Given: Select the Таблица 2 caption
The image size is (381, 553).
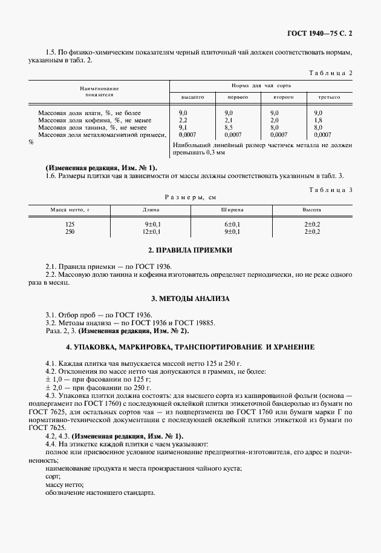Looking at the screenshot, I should click(x=330, y=73).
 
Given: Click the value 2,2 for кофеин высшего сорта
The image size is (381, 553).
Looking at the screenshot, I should click(x=183, y=120).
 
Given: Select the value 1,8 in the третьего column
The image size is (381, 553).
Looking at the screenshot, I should click(x=318, y=120).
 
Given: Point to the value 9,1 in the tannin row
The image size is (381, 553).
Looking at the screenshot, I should click(x=183, y=128).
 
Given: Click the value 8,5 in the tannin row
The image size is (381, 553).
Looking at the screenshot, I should click(x=228, y=128).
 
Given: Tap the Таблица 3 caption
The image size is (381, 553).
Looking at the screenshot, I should click(x=330, y=190).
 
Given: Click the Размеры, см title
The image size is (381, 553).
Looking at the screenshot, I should click(x=190, y=197).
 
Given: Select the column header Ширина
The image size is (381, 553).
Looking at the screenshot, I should click(x=232, y=209).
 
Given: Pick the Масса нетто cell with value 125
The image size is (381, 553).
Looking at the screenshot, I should click(x=70, y=224).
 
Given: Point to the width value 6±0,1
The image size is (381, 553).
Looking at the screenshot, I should click(x=232, y=224).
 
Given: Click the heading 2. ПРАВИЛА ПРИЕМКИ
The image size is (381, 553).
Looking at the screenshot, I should click(x=190, y=250).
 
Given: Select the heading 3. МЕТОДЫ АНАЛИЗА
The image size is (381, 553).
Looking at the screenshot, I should click(x=190, y=299).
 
